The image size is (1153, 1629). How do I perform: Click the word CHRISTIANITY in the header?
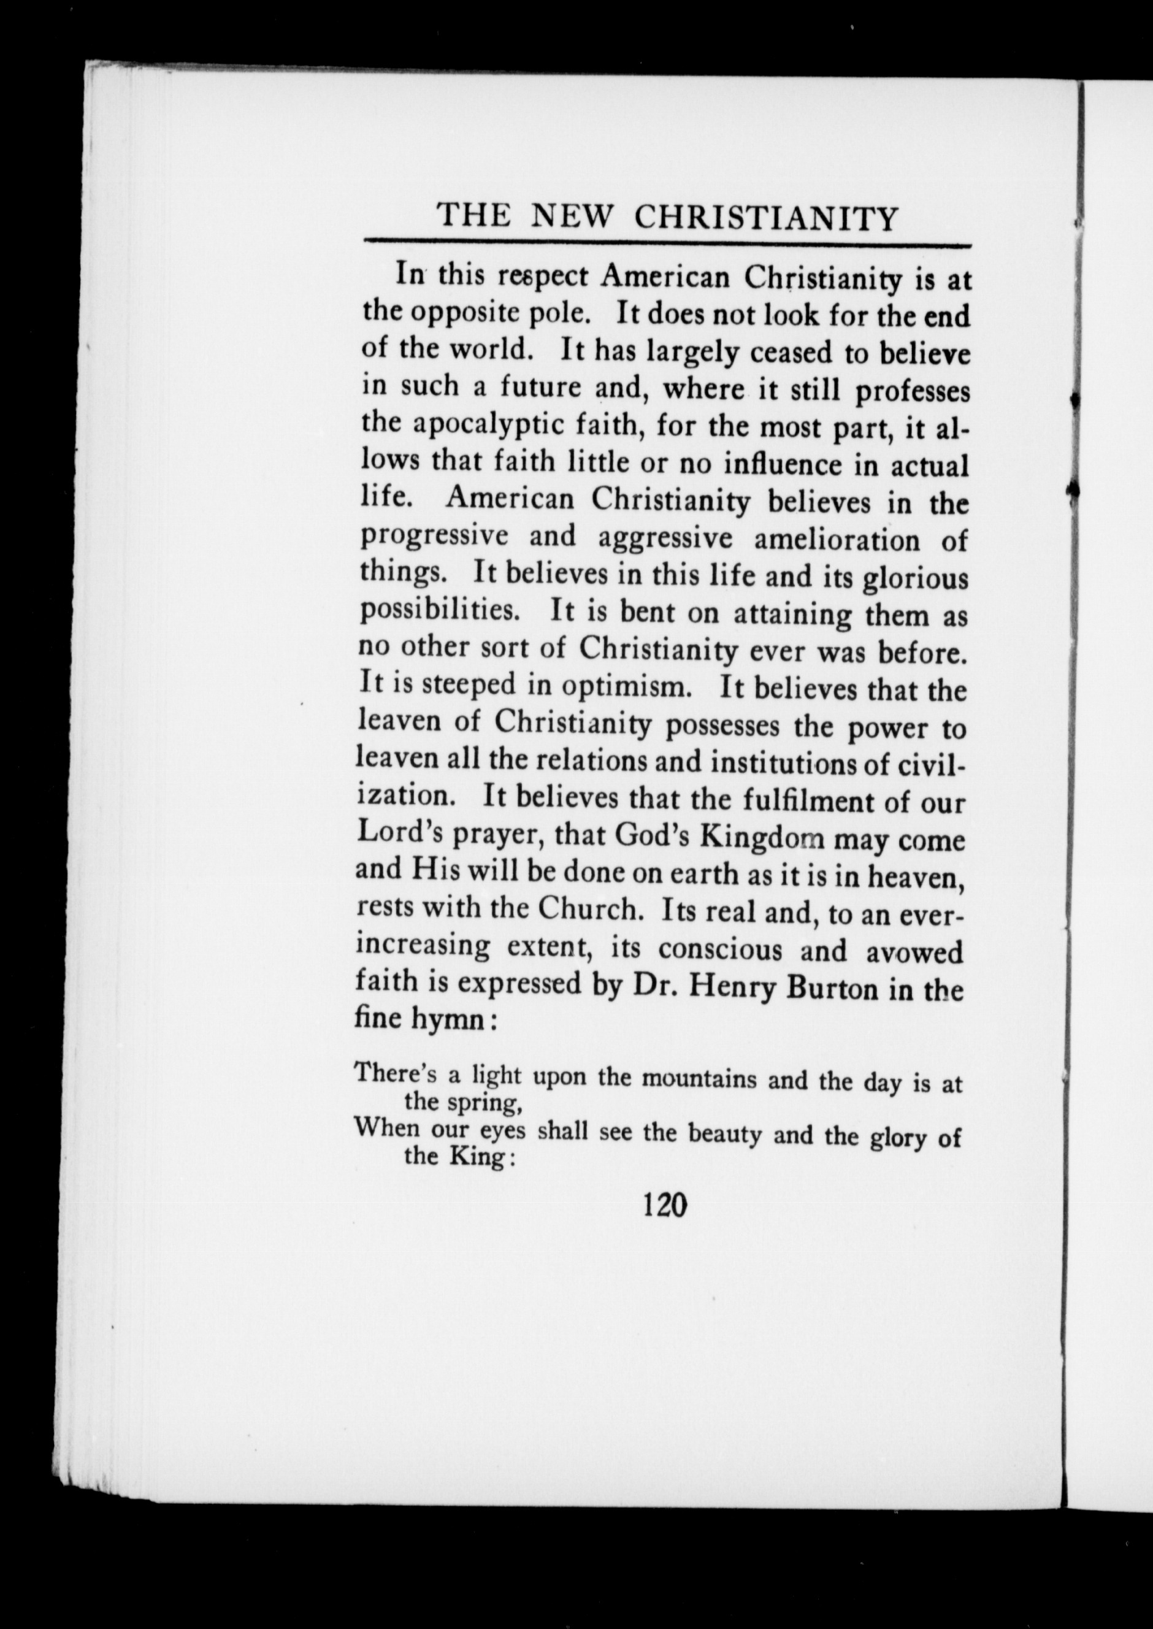click(765, 217)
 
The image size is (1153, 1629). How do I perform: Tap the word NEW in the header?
click(571, 216)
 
